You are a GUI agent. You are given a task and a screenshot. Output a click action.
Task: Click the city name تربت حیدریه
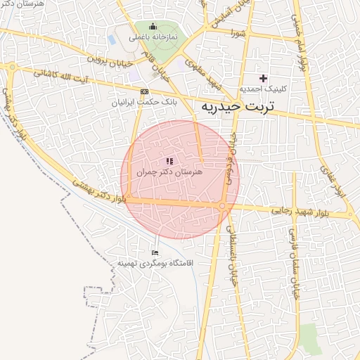tap(236, 107)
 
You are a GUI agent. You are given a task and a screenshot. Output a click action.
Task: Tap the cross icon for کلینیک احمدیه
tap(264, 77)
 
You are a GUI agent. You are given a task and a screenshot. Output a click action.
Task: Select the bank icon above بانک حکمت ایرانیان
tap(144, 91)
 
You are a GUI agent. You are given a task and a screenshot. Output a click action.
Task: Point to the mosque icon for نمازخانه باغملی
tap(153, 26)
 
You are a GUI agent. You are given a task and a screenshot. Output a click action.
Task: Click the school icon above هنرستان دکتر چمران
tap(169, 161)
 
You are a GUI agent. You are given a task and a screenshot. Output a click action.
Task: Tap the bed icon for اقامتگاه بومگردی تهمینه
tap(155, 252)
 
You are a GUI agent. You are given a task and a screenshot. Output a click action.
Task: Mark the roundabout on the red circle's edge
tap(222, 206)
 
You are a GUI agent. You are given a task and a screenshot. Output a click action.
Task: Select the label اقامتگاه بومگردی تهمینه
tap(159, 263)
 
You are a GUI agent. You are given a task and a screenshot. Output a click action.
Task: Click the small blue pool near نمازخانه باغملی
tap(112, 39)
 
